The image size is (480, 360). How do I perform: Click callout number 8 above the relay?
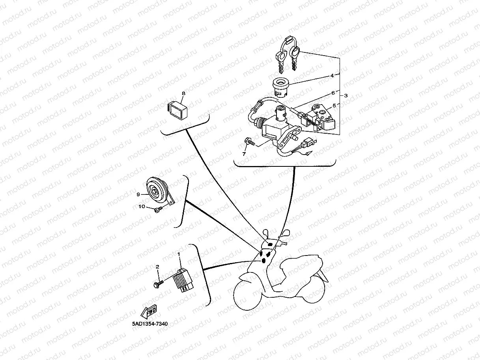[183, 93]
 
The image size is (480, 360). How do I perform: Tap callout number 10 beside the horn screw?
[142, 206]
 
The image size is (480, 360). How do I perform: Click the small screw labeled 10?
[158, 210]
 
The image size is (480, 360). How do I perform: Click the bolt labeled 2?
[159, 284]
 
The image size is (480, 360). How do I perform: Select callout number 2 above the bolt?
[157, 267]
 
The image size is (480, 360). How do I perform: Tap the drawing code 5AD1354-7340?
[150, 324]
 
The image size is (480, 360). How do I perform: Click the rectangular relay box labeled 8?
[177, 110]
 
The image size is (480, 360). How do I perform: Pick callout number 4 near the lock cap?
[332, 76]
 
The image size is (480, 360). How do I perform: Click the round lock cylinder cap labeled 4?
[281, 88]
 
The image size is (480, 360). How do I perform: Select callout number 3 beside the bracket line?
[346, 95]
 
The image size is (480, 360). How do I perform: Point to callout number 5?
[334, 105]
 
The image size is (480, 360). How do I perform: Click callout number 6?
[333, 93]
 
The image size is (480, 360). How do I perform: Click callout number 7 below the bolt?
[244, 154]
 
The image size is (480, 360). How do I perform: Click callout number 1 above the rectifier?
[179, 254]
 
